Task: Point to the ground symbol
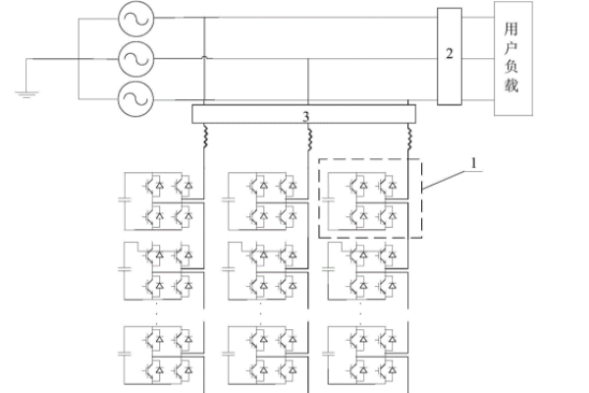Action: pos(25,93)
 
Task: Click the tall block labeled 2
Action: pos(450,55)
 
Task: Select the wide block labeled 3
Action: pos(305,116)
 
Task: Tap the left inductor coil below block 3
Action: pos(204,137)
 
